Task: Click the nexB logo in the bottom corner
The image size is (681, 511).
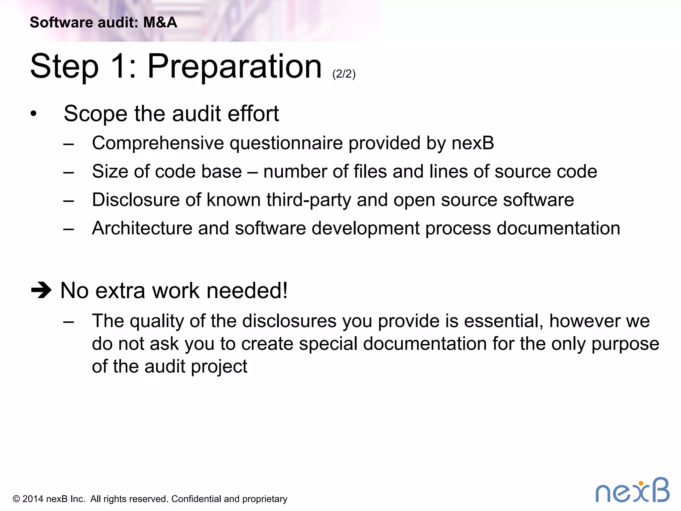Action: [632, 490]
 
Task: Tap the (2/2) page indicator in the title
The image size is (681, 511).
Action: [344, 74]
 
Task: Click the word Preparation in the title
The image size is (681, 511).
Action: [234, 67]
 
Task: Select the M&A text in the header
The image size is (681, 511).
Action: [160, 23]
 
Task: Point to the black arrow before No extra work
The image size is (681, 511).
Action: [41, 290]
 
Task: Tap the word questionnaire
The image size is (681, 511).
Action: [286, 144]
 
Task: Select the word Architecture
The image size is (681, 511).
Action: [142, 228]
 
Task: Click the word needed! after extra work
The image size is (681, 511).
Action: [247, 290]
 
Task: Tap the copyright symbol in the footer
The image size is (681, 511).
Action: [16, 499]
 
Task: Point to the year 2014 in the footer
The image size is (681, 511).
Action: [33, 499]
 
